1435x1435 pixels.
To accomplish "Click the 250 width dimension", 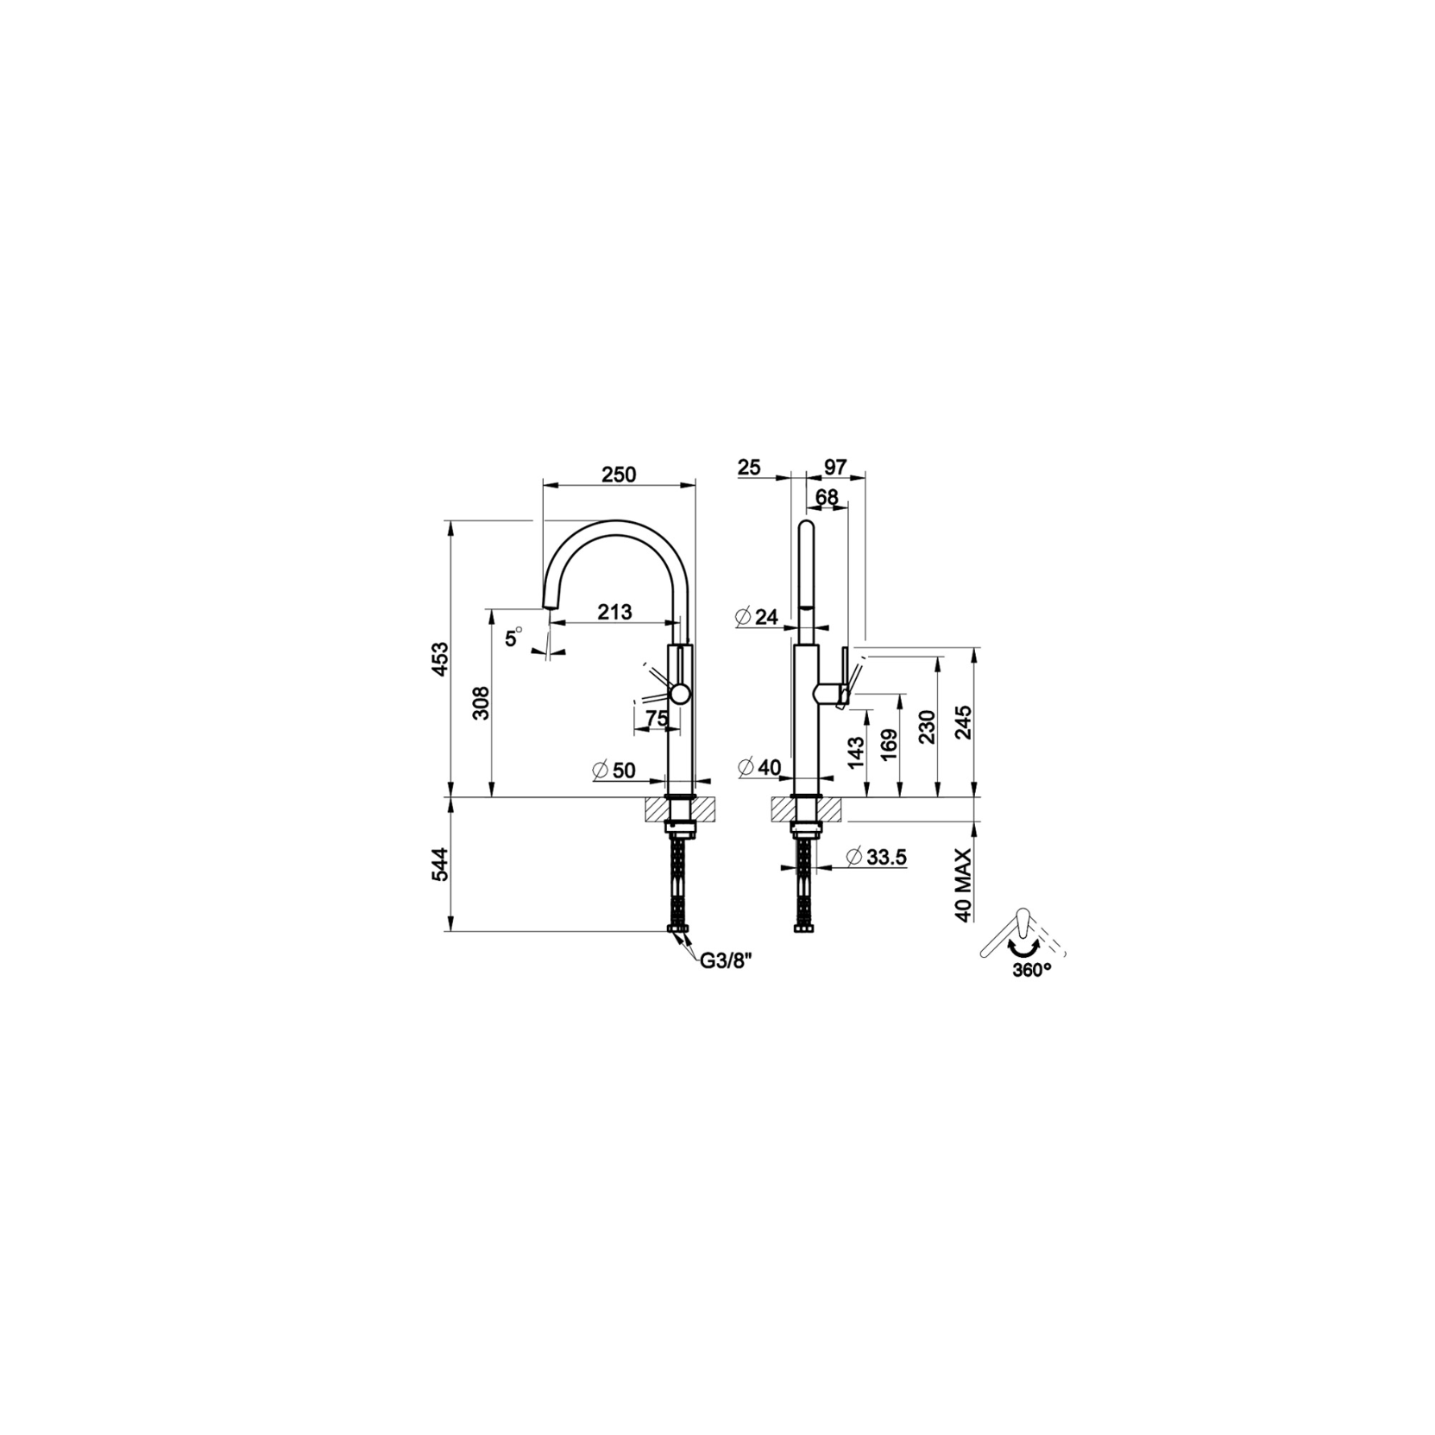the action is [619, 475].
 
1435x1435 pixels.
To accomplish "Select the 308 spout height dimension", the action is [481, 703].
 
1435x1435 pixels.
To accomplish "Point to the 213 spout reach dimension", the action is [614, 612].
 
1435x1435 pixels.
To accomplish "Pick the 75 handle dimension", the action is [656, 718].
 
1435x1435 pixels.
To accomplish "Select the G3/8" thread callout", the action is [727, 962].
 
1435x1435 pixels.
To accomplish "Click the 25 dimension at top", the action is [750, 467].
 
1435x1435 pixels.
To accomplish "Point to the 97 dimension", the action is [834, 467].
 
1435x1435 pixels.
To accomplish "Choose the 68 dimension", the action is [827, 497].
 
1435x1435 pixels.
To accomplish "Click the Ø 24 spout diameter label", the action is [757, 617].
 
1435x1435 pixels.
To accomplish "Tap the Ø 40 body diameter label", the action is [759, 766].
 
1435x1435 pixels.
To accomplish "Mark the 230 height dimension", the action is [926, 727].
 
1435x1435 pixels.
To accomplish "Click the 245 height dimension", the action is [963, 723].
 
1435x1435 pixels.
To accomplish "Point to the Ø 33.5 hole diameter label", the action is [876, 857].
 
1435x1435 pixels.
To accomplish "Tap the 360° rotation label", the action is [1033, 969].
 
